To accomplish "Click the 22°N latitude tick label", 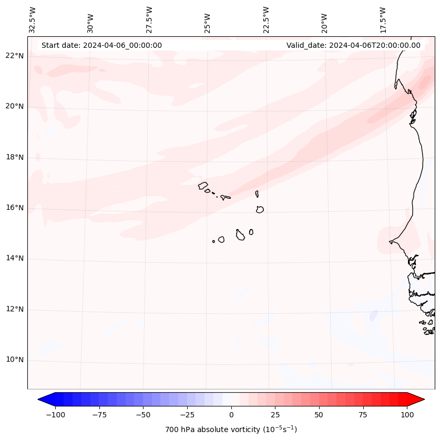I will (x=15, y=56).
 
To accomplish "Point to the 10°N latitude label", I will (x=15, y=360).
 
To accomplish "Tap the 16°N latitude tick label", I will (x=15, y=208).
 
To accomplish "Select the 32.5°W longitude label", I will (x=33, y=20).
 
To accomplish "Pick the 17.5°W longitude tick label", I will (x=383, y=20).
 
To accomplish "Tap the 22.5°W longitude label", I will (x=266, y=20).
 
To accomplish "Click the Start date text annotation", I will (x=101, y=45).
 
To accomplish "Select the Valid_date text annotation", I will (x=353, y=45).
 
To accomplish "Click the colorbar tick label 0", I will (x=231, y=415).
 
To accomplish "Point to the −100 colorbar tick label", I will (x=55, y=415).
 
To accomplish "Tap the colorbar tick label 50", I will (x=319, y=415).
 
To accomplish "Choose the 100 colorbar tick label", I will (x=406, y=415).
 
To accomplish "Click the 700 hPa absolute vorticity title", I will (x=231, y=429).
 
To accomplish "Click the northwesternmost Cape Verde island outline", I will (x=203, y=185).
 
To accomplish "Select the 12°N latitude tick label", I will (x=15, y=309).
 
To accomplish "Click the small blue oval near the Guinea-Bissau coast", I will (x=373, y=315).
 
